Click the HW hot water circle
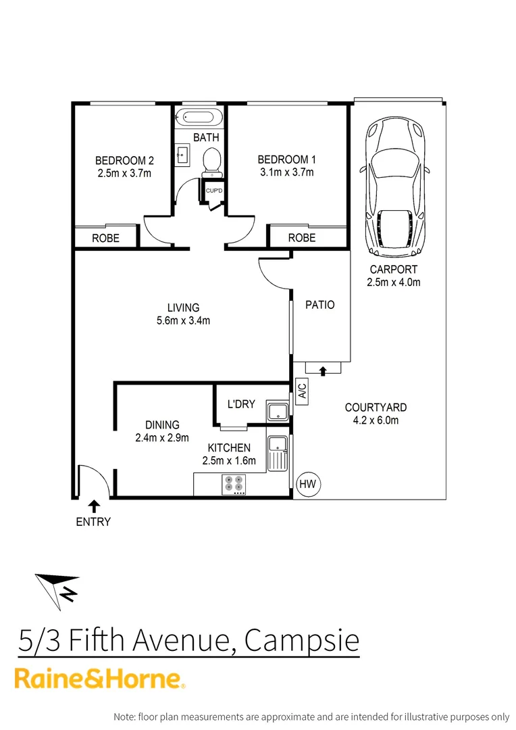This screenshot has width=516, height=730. coord(309,484)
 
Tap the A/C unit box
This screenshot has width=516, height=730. coord(302,392)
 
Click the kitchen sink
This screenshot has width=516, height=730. coord(278,454)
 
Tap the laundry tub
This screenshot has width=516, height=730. coord(278,412)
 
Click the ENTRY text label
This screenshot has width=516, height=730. coord(93,522)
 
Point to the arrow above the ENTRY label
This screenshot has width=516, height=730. coord(93,506)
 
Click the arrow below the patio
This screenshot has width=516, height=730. coord(322,370)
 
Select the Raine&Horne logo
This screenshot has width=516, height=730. coord(100,679)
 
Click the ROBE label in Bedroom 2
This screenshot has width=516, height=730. coord(106,238)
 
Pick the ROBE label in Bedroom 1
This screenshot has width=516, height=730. coord(301,238)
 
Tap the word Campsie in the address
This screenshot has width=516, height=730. coord(301,640)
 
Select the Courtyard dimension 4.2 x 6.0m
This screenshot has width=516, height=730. coord(376,420)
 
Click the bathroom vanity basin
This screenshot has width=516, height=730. coord(182,156)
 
